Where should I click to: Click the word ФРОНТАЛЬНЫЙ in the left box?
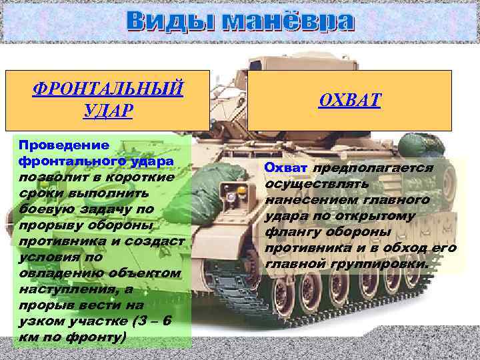click(108, 88)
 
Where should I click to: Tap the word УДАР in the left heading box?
click(108, 110)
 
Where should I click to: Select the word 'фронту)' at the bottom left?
click(99, 337)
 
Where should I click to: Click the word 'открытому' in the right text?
click(379, 216)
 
